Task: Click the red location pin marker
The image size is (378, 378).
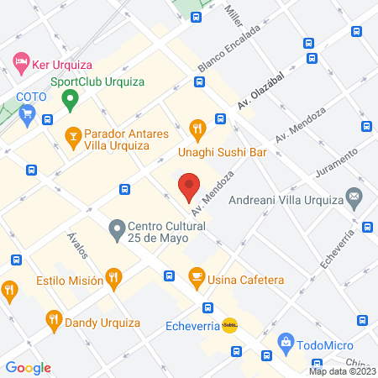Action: pos(190,185)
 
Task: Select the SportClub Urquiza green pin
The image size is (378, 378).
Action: pos(71,100)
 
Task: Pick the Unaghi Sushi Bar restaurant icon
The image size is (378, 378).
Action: pos(198,129)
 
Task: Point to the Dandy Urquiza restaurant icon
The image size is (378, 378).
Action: pos(53,319)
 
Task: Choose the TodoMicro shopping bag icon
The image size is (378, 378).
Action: pos(287,343)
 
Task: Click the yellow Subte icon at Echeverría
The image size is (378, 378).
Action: pos(229,327)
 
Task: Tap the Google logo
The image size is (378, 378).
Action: pos(29,367)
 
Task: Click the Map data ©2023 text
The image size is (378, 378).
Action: pos(341,370)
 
